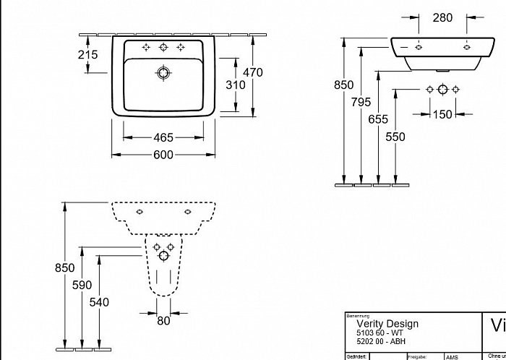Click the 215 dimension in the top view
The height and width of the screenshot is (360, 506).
(87, 54)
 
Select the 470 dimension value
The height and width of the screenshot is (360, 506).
(253, 72)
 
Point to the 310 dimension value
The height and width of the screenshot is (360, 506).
(236, 85)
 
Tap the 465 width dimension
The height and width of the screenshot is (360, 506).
(163, 137)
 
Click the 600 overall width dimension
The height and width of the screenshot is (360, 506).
(163, 154)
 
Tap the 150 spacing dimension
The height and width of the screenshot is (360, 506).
(442, 114)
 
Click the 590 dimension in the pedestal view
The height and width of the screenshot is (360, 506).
(82, 285)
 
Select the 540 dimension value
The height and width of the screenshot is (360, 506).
(99, 302)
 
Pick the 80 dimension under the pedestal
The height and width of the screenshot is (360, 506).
(163, 321)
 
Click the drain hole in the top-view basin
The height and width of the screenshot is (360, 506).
(163, 72)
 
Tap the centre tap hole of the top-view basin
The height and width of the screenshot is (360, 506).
(163, 48)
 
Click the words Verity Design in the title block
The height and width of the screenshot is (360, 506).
(387, 324)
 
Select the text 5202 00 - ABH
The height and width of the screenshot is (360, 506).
(382, 340)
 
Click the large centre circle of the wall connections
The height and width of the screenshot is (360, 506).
(443, 90)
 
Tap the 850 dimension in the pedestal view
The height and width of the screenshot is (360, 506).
(65, 267)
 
